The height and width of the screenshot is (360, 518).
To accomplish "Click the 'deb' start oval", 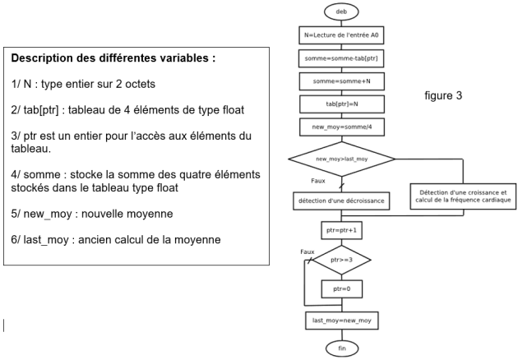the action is point(341,12).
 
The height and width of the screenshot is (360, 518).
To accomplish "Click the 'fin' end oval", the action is point(342,348).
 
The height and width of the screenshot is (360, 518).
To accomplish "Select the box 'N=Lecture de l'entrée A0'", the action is point(341,35).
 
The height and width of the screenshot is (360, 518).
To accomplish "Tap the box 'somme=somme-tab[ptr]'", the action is point(341,58).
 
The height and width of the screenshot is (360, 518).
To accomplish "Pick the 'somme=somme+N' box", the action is point(342,81).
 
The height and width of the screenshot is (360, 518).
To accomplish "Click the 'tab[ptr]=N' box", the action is point(342,104).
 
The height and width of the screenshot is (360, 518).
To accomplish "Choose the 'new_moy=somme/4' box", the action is point(342,127).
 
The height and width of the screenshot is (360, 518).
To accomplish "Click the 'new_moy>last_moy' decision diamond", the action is point(341,159).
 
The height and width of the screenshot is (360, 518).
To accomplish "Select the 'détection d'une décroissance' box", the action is point(341,201).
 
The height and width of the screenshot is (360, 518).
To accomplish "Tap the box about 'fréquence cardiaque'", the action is point(463,196).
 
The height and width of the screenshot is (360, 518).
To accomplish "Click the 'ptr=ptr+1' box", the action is point(341,230).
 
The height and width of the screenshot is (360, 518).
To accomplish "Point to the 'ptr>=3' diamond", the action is point(341,260).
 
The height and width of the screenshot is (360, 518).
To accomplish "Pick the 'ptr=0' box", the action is point(341,289).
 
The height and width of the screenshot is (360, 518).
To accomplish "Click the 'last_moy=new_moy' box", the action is point(342,321).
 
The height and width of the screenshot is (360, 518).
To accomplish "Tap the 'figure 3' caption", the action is point(443,95).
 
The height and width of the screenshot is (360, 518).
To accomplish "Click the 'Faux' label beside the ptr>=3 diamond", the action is point(308,252).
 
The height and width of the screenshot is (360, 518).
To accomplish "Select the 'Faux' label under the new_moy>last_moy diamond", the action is point(318,181).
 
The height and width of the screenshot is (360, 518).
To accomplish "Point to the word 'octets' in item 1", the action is point(140,84).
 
